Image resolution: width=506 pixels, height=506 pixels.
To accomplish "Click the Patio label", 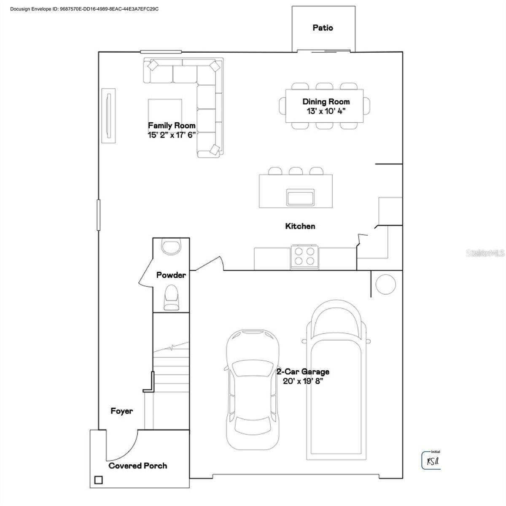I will pyautogui.click(x=323, y=28).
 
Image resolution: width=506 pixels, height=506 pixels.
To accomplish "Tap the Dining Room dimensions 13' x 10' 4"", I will pyautogui.click(x=326, y=111).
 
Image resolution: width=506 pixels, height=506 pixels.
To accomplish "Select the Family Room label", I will pyautogui.click(x=172, y=125).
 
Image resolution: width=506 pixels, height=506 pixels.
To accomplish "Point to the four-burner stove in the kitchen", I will pyautogui.click(x=304, y=256).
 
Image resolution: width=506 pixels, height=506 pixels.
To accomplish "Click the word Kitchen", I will pyautogui.click(x=300, y=226).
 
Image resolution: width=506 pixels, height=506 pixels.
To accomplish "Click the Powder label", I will pyautogui.click(x=171, y=275).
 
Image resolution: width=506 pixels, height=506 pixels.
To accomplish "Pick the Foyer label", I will pyautogui.click(x=122, y=411).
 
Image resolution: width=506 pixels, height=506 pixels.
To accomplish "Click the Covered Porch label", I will pyautogui.click(x=138, y=466).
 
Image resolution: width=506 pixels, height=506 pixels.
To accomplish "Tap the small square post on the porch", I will pyautogui.click(x=98, y=480).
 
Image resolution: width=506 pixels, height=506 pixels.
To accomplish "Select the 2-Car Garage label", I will pyautogui.click(x=303, y=371).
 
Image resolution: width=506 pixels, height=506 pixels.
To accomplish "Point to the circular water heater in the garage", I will pyautogui.click(x=385, y=284).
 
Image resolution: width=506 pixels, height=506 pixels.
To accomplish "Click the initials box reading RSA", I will pyautogui.click(x=431, y=460).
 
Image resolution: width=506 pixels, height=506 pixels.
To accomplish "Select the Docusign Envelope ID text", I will pyautogui.click(x=84, y=9).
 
